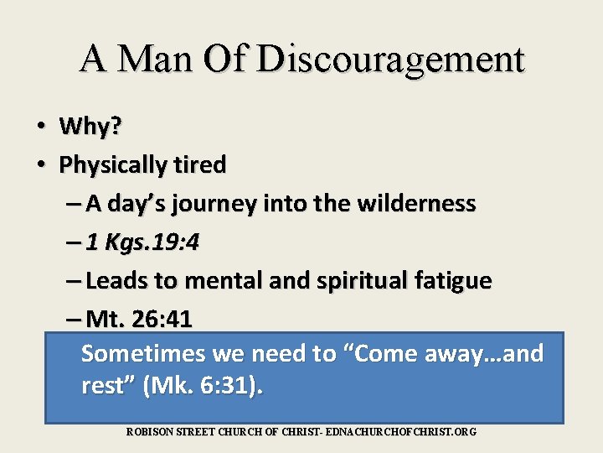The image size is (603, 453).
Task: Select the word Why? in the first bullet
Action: [x=90, y=127]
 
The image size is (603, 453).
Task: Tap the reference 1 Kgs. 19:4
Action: [x=142, y=242]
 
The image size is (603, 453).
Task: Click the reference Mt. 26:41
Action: [x=139, y=319]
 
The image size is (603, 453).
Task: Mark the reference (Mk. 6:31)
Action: [x=203, y=387]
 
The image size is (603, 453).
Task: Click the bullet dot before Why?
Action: [x=40, y=128]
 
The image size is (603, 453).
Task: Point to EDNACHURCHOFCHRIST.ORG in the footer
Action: [x=401, y=431]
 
